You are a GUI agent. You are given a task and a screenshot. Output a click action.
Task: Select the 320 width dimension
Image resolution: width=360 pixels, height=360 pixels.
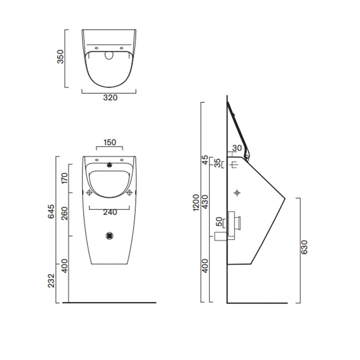tap(109, 98)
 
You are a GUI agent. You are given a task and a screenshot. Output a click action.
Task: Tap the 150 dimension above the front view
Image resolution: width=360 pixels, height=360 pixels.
tap(109, 142)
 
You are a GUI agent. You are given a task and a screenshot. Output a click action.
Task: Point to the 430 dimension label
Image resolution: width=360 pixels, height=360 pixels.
tap(205, 202)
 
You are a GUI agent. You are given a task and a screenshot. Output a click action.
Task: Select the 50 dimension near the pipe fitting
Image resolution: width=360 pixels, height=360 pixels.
tap(220, 223)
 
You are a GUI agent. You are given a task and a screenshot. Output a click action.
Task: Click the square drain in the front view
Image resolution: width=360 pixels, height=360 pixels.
tap(109, 236)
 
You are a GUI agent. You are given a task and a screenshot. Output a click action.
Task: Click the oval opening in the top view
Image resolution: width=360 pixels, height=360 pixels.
tap(109, 56)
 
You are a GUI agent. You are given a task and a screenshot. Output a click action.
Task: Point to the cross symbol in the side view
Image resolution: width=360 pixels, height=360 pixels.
tap(237, 193)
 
